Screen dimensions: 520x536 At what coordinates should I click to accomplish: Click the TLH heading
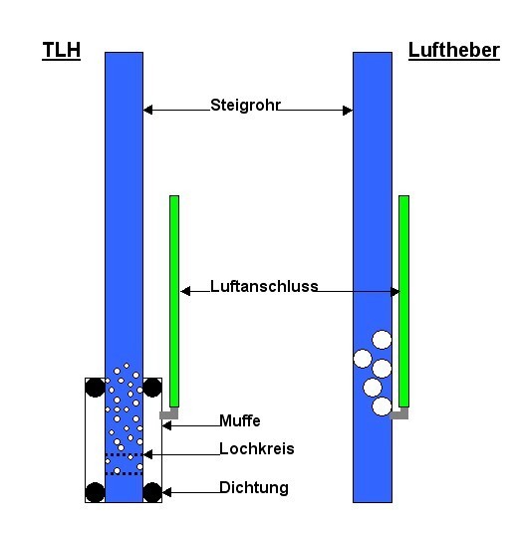tap(61, 50)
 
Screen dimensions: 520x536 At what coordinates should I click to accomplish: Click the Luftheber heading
tap(454, 50)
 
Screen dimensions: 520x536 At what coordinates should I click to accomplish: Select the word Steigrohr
tap(245, 105)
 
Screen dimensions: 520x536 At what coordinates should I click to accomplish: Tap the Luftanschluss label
tap(264, 286)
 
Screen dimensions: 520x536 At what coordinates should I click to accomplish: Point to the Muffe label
tap(240, 420)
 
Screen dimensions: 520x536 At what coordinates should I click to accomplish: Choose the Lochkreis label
tap(256, 449)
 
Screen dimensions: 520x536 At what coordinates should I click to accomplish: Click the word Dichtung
tap(254, 488)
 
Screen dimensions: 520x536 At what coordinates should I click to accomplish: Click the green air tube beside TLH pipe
tap(174, 301)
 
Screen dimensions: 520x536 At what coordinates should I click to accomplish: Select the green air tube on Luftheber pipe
tap(403, 301)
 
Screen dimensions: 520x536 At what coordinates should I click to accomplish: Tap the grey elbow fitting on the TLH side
tap(169, 414)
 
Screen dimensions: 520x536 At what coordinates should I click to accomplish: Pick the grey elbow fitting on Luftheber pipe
tap(400, 414)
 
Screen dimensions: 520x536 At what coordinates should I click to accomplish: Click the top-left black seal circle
tap(95, 388)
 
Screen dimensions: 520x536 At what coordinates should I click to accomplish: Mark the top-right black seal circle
tap(152, 388)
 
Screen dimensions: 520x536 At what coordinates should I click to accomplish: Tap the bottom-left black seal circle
tap(95, 492)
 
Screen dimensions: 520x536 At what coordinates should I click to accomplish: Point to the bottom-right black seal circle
tap(152, 492)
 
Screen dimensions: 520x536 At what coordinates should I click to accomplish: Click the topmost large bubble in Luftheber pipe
tap(382, 340)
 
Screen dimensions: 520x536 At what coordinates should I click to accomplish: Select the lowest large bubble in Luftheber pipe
tap(382, 406)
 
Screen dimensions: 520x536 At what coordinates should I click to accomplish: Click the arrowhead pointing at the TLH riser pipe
tap(147, 110)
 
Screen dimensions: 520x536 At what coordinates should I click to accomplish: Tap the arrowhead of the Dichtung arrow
tap(166, 492)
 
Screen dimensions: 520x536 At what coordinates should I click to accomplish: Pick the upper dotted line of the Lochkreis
tap(124, 455)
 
